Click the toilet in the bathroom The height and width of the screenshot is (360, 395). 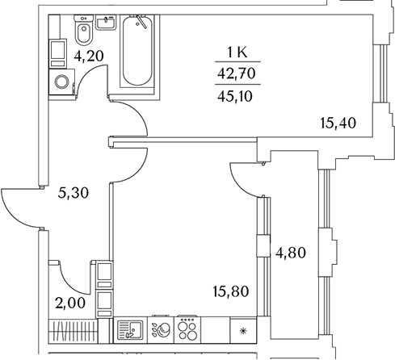click(84, 30)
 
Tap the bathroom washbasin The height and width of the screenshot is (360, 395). click(106, 23)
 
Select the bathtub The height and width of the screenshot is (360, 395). click(137, 51)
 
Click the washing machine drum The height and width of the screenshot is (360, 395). click(62, 82)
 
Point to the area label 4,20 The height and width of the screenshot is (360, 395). click(89, 57)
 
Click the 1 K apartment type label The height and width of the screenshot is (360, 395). click(237, 52)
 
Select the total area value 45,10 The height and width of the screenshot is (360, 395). click(235, 96)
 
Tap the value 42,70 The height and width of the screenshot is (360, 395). click(237, 73)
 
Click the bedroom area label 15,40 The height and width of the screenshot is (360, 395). click(338, 123)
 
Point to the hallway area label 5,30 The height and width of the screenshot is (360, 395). click(74, 193)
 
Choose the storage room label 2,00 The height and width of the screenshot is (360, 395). click(70, 303)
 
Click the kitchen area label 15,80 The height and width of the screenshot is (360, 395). click(231, 291)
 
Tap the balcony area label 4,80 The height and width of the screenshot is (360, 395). click(291, 253)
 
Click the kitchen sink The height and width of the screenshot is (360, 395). click(131, 330)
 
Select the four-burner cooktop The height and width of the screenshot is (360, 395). click(187, 329)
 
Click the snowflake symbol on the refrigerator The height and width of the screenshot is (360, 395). click(243, 331)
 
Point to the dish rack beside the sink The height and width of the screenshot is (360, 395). click(161, 330)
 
